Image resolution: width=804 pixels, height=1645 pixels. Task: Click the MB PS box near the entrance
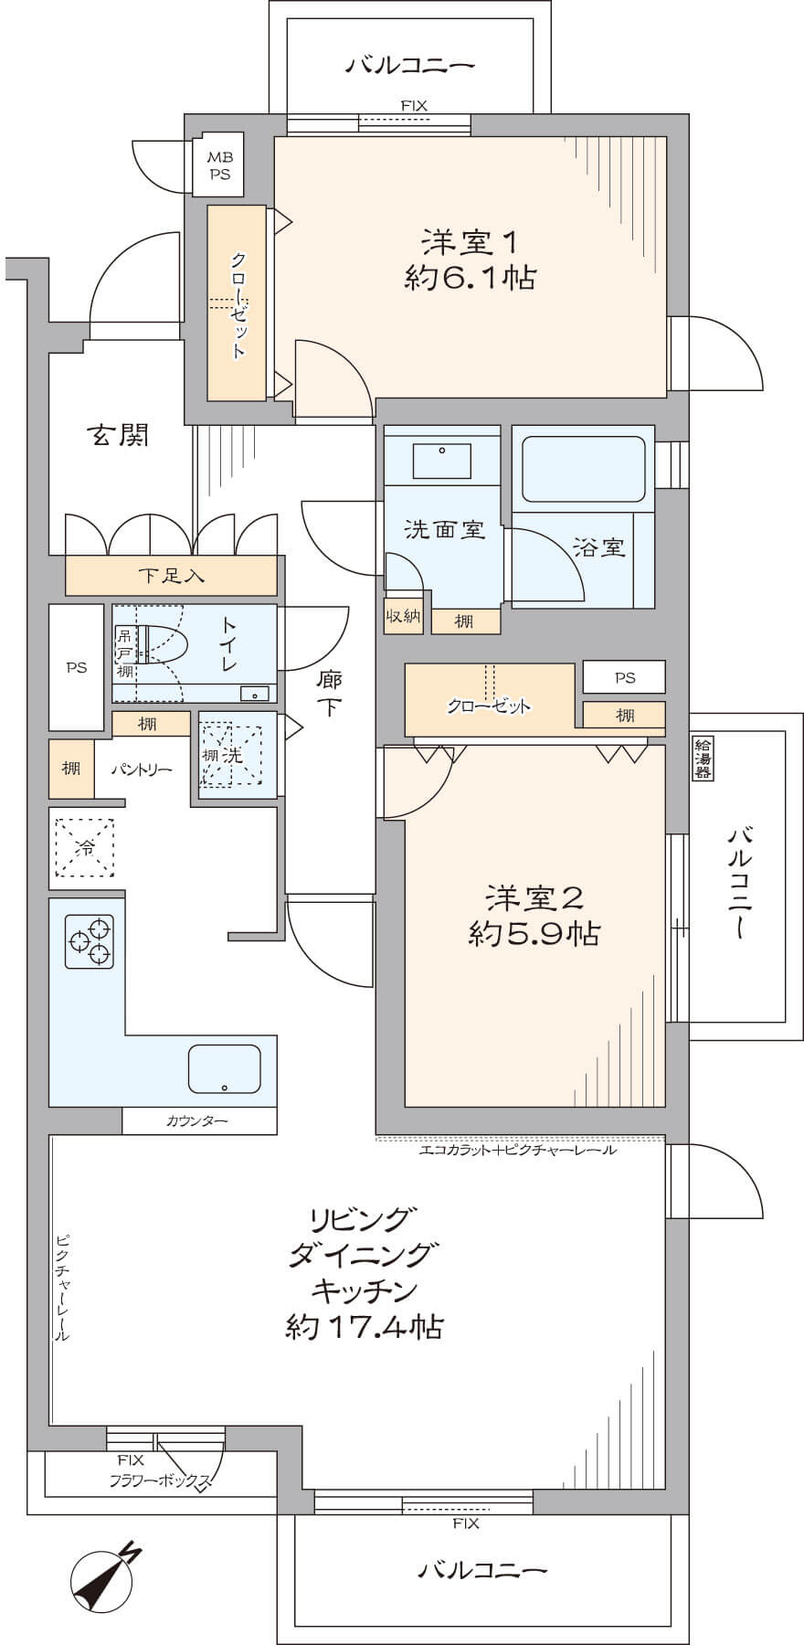[219, 167]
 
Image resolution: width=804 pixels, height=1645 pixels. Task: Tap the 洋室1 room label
[471, 243]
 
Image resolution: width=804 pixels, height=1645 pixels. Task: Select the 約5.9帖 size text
[534, 934]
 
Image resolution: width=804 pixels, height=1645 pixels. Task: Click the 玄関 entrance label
[118, 436]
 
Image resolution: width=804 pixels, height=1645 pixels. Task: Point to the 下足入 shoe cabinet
[171, 576]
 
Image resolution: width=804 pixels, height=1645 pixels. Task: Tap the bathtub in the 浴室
[583, 469]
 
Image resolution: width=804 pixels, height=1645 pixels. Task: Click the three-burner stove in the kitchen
[90, 941]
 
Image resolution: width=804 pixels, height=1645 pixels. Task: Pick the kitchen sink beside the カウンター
[224, 1068]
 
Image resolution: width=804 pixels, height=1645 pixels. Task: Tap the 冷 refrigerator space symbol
[84, 848]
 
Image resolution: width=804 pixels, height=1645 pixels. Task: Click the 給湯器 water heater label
[703, 758]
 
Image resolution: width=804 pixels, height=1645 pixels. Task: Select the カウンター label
[197, 1121]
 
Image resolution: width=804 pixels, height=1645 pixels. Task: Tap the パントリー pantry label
[142, 769]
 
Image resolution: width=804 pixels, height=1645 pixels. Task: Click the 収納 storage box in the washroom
[403, 616]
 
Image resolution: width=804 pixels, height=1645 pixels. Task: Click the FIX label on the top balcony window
[414, 106]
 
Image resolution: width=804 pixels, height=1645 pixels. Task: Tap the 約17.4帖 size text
[365, 1327]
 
